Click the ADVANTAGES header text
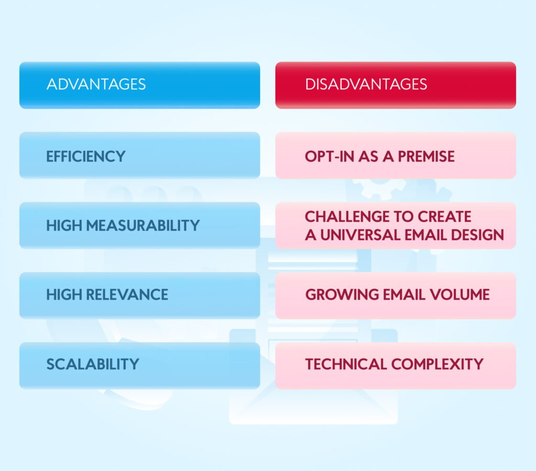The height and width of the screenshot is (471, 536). [x=96, y=84]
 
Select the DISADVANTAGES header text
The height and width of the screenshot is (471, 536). [x=366, y=84]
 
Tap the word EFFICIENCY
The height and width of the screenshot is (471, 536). [x=86, y=156]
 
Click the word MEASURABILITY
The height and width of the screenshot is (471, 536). [x=143, y=226]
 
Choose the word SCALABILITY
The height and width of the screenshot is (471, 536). [x=93, y=364]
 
